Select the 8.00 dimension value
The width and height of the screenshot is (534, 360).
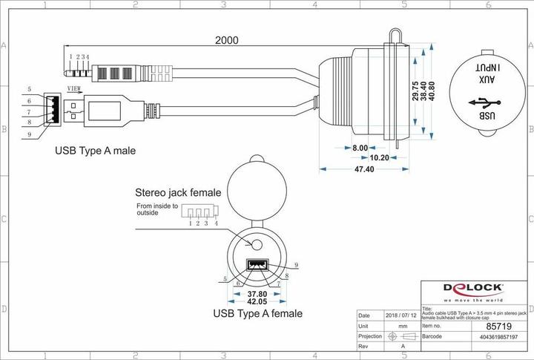[x=359, y=148]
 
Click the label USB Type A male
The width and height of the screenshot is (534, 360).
[x=95, y=151]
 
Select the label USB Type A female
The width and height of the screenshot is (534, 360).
[x=257, y=313]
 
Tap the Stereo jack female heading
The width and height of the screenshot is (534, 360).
[x=177, y=191]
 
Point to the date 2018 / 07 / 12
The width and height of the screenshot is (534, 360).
[x=401, y=315]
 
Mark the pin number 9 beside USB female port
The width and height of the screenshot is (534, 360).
[x=296, y=265]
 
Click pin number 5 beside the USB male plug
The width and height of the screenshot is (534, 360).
[x=28, y=89]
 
